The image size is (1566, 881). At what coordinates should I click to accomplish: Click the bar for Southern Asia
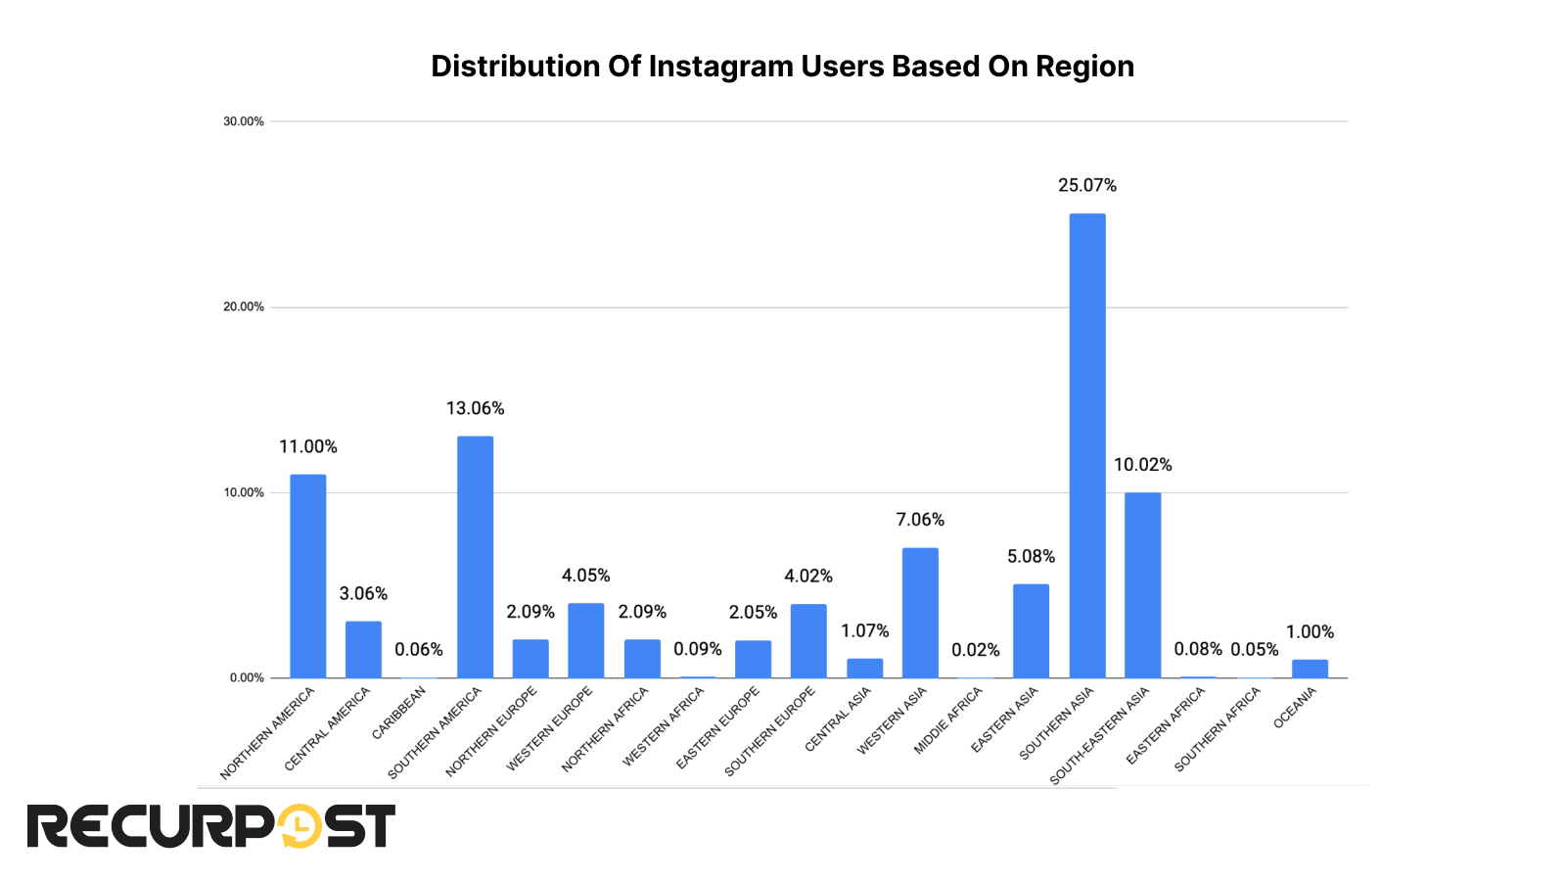point(1086,445)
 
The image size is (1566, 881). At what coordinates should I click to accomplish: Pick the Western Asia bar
point(920,613)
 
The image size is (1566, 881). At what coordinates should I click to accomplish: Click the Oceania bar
point(1310,669)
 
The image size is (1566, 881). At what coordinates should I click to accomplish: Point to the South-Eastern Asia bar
point(1142,584)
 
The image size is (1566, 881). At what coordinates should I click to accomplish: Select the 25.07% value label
point(1086,185)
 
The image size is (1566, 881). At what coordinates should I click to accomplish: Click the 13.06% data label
point(475,408)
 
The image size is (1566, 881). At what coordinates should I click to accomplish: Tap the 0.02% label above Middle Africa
point(975,650)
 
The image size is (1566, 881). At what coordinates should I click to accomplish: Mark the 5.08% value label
point(1031,556)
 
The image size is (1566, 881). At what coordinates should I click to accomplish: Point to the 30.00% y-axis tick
point(244,121)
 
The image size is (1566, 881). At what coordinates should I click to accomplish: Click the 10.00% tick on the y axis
point(244,492)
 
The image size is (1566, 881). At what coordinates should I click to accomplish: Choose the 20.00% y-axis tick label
point(244,306)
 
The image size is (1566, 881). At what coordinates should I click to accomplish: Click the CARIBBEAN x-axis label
point(399,713)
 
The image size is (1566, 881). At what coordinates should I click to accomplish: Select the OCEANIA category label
point(1295,708)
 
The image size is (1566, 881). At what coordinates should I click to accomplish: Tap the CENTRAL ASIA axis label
point(838,719)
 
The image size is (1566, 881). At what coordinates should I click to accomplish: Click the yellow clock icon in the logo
point(299,826)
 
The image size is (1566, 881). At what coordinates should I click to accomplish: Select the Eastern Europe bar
point(753,659)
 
